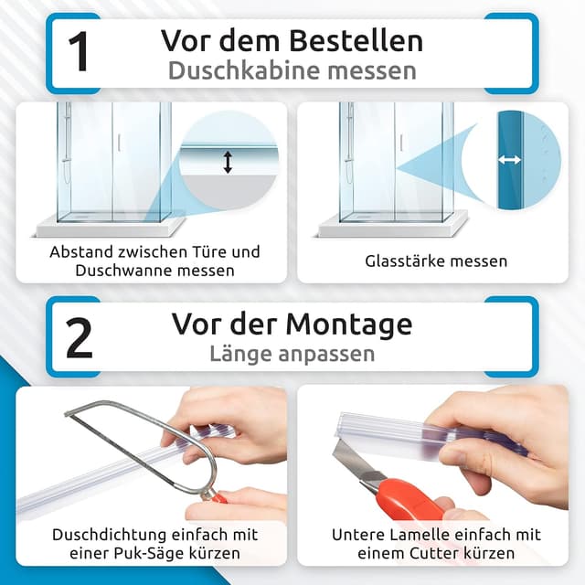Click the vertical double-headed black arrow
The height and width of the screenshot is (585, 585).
(x=228, y=162)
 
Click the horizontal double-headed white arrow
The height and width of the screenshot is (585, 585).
(x=509, y=159)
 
